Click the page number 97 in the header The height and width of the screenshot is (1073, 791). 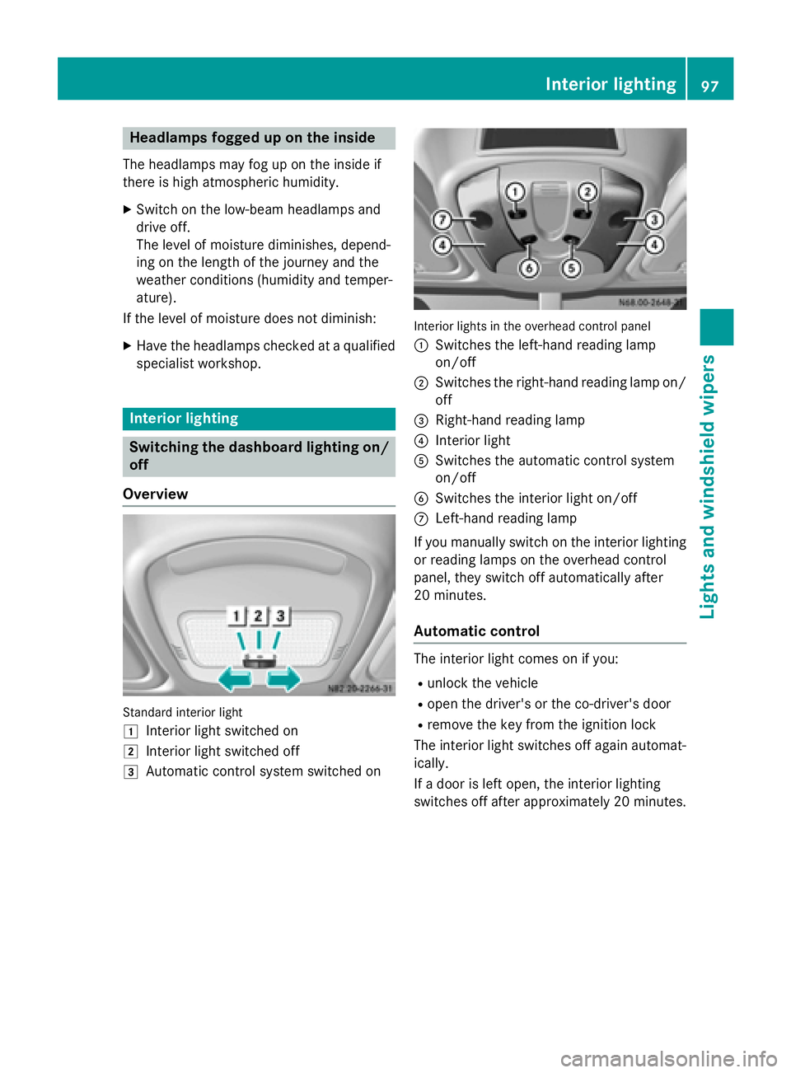710,85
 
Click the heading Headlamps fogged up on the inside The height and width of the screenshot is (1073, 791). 252,138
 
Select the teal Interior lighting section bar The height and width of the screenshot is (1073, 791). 259,419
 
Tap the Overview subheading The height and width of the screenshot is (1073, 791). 156,494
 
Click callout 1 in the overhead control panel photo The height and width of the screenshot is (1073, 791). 515,192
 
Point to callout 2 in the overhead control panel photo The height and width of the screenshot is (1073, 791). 587,192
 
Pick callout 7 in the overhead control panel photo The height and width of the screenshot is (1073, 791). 442,219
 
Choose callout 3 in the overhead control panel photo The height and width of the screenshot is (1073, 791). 654,219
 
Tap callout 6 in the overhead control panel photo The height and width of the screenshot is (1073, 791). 529,268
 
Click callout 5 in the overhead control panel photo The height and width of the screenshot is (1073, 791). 570,268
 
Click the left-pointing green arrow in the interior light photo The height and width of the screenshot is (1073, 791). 235,679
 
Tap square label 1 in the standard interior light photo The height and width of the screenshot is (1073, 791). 236,616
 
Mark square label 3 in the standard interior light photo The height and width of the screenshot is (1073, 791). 281,616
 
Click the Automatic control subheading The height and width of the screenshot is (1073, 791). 477,631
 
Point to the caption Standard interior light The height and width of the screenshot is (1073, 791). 183,712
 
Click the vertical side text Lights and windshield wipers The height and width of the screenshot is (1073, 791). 708,486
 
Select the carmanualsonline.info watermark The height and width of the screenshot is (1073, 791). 669,1058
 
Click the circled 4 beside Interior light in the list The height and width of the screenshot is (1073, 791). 421,441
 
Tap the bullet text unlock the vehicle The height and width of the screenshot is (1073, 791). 483,683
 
